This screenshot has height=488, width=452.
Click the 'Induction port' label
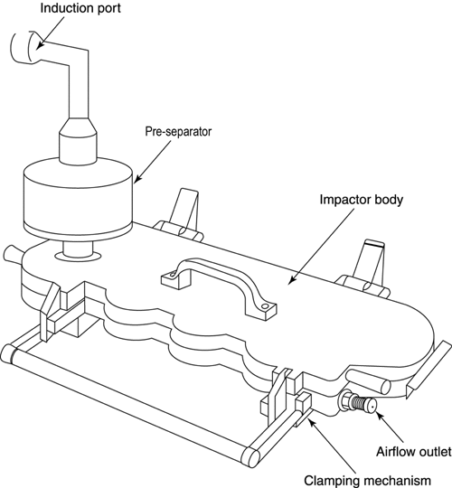(x=80, y=8)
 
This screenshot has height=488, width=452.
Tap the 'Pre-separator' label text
(x=178, y=131)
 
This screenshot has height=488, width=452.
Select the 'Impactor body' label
(x=361, y=200)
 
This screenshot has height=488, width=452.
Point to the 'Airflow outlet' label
(x=414, y=451)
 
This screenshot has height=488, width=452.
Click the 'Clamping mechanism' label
(x=367, y=480)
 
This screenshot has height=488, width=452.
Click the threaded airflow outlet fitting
(x=359, y=403)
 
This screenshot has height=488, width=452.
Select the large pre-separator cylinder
(x=79, y=198)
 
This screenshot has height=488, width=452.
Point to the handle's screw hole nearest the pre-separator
(x=172, y=275)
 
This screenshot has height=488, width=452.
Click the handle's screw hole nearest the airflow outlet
(x=265, y=306)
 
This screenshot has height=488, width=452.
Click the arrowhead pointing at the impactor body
(x=291, y=280)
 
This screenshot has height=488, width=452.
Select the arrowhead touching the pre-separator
(x=137, y=178)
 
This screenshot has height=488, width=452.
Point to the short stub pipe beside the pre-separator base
(x=12, y=253)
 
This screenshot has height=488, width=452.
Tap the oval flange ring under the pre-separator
(x=78, y=256)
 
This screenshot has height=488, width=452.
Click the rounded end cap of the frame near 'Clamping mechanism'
(x=251, y=458)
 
